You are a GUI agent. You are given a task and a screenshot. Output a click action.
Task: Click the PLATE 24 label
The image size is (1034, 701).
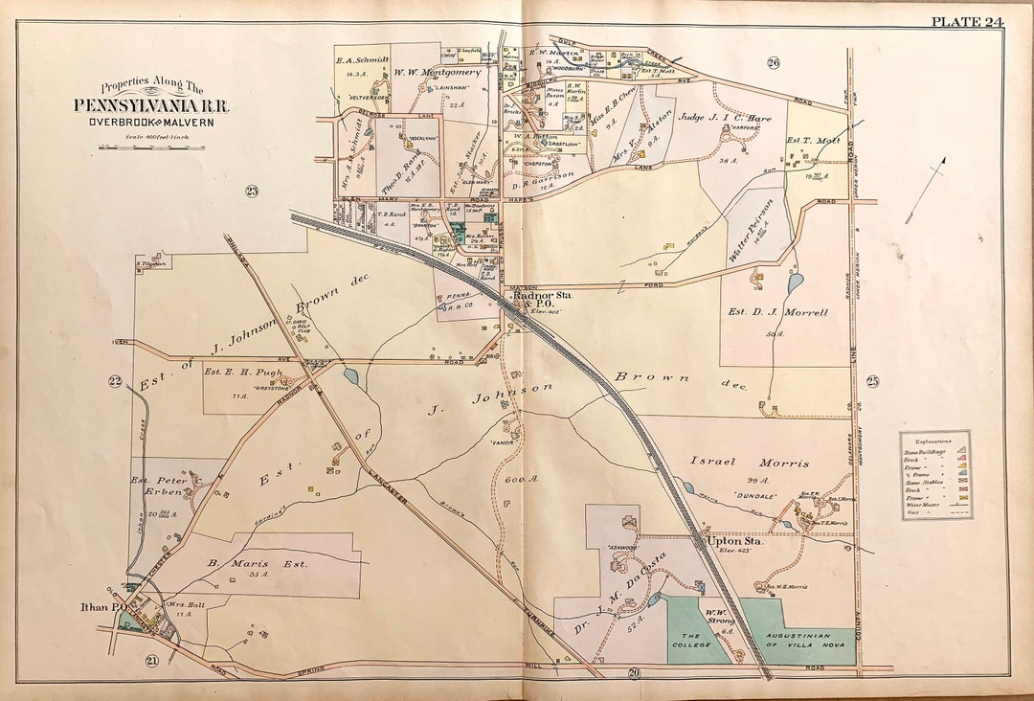966,22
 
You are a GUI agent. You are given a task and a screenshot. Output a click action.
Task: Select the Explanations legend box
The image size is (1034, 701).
935,475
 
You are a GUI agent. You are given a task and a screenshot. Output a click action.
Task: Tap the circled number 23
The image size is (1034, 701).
252,192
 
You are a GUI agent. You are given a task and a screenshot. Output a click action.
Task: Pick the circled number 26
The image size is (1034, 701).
773,63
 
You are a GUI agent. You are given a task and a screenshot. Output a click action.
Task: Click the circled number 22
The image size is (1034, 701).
115,382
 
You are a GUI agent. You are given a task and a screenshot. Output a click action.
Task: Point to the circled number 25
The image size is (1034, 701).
872,382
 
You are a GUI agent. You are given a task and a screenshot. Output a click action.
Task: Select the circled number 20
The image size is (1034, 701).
634,674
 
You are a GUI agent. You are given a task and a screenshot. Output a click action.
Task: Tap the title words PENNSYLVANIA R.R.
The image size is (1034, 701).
151,105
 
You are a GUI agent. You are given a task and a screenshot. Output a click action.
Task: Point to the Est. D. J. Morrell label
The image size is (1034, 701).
790,312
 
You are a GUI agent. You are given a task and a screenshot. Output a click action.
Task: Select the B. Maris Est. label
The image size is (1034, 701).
258,564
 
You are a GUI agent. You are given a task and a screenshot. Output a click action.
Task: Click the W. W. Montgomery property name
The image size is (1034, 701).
438,72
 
